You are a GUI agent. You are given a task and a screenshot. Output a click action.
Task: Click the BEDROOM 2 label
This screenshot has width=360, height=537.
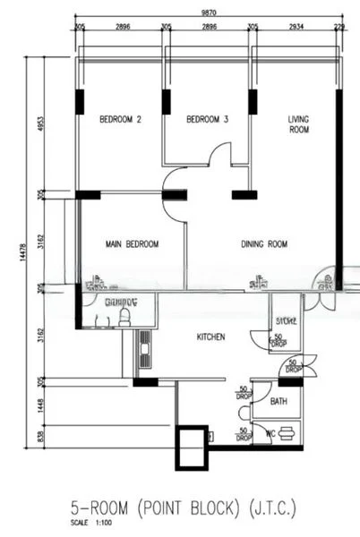(x=120, y=119)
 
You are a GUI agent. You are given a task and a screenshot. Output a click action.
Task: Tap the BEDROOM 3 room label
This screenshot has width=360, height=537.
(x=207, y=119)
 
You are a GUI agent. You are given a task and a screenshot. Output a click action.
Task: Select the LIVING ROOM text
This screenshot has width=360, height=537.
(x=298, y=124)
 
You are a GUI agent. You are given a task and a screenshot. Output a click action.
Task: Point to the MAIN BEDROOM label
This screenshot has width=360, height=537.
(x=132, y=244)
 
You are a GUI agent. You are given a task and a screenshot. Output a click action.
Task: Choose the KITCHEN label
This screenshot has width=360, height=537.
(x=210, y=337)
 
